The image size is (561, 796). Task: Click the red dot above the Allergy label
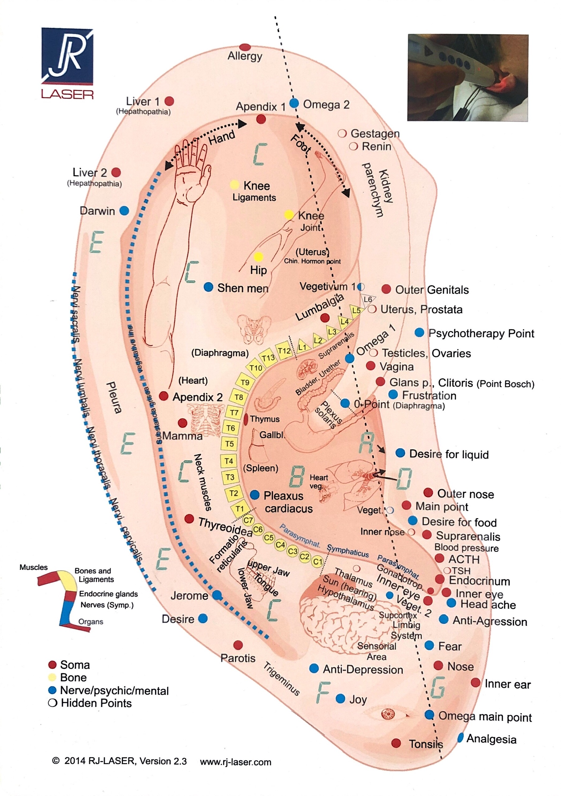tap(245, 47)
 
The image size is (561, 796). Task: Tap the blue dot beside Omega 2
tap(294, 103)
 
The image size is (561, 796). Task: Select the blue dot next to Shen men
tap(208, 287)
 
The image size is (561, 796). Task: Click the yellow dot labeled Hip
tap(258, 257)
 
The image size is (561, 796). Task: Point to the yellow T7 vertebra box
tap(234, 413)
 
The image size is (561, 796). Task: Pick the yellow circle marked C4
tap(280, 545)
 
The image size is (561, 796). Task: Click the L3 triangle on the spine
tap(332, 332)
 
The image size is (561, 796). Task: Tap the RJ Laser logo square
tap(67, 56)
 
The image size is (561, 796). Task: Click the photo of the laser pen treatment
tap(468, 77)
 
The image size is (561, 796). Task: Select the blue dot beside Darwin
tap(124, 211)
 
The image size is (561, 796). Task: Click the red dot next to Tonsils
tap(396, 743)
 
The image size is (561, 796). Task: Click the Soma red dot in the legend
tap(52, 664)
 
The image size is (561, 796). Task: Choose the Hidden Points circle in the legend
tap(52, 703)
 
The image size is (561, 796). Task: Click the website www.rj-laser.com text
tap(236, 762)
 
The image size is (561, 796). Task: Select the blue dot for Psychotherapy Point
tap(419, 332)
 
